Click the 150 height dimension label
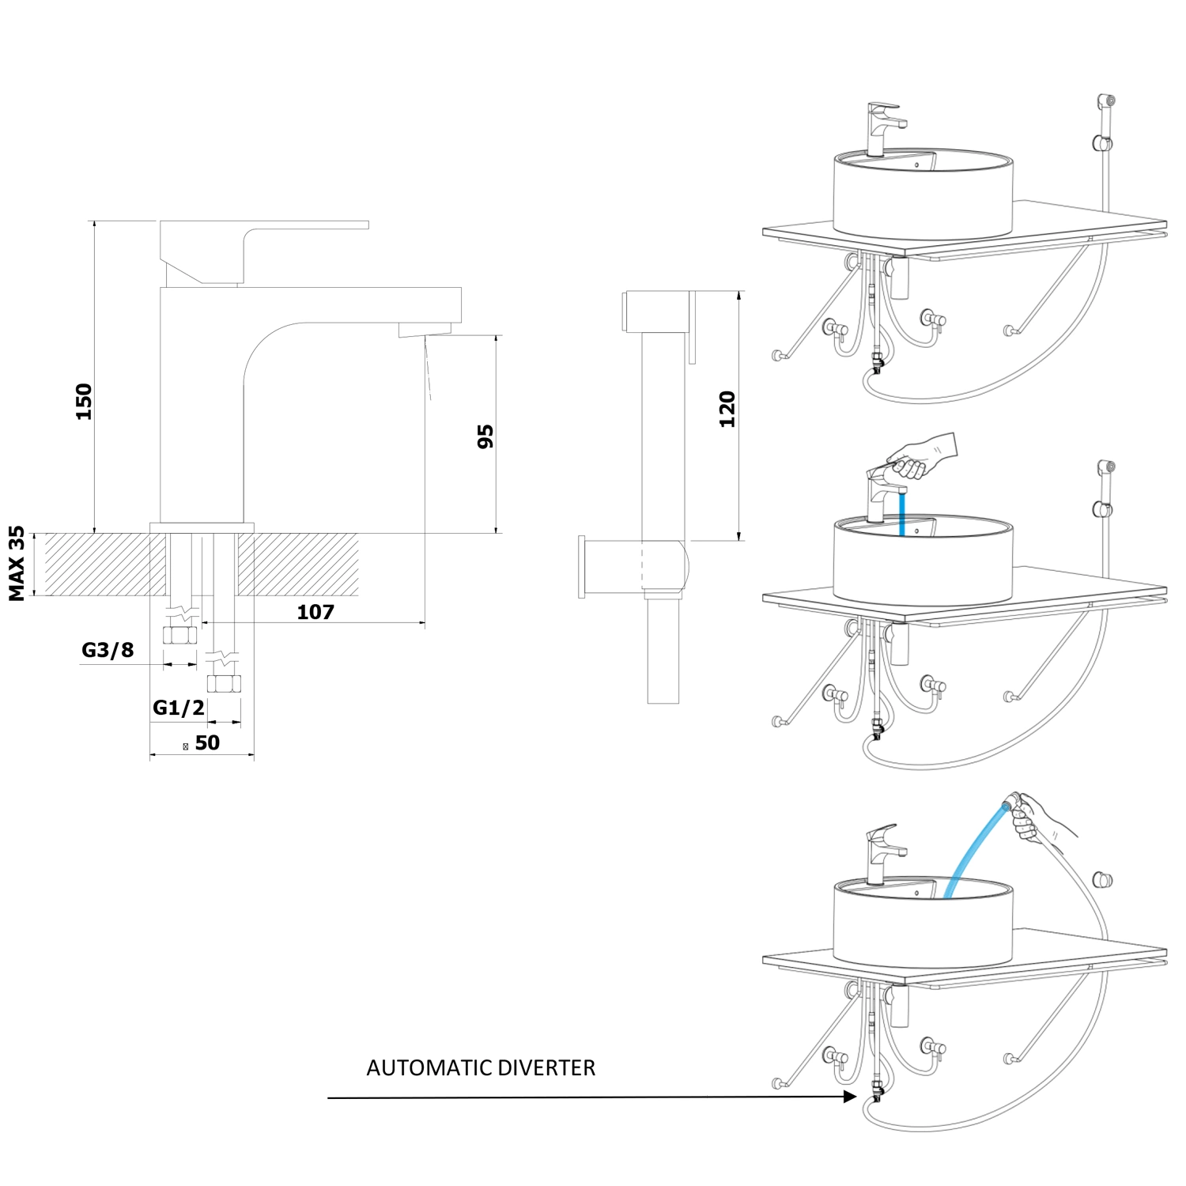(x=84, y=401)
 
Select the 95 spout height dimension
(x=485, y=436)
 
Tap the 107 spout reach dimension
(x=315, y=612)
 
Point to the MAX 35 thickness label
(x=17, y=563)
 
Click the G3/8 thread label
(x=108, y=650)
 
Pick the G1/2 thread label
(x=178, y=708)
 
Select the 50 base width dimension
(x=207, y=743)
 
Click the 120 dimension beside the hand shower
(x=727, y=409)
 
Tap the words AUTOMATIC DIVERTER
(x=481, y=1068)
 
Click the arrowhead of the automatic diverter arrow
(x=850, y=1097)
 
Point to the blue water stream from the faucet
(x=901, y=514)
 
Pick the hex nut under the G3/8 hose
(x=179, y=635)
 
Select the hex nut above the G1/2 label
(x=224, y=684)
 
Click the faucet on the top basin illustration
(x=882, y=127)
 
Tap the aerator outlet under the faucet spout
(x=425, y=329)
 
